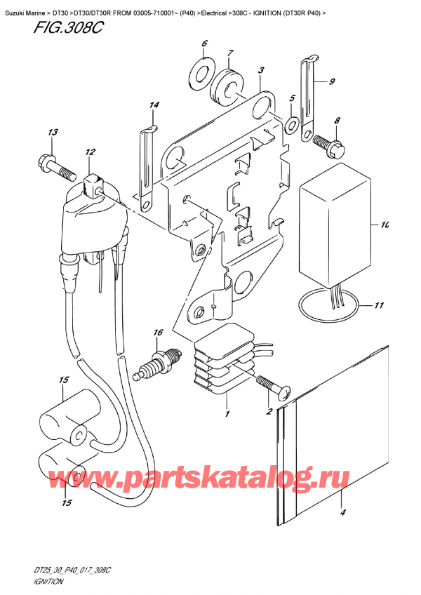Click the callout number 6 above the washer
204,45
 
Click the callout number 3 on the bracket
261,69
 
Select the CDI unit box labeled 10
335,225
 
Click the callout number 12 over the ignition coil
90,152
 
